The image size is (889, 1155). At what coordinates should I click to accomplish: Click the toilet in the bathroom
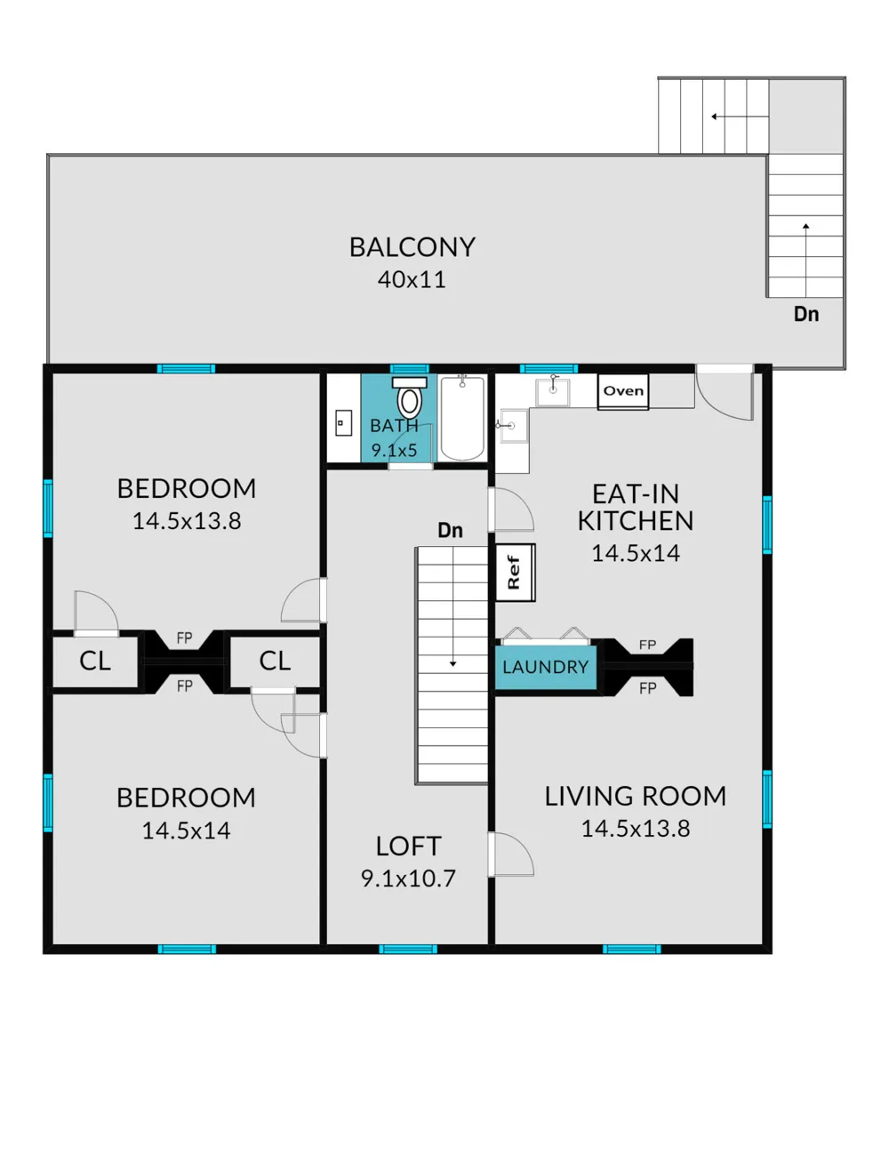[x=409, y=397]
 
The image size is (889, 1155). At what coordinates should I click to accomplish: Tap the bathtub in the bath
[x=462, y=418]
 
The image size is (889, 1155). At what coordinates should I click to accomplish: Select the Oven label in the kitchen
[x=623, y=390]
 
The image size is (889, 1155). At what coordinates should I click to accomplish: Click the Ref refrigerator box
[x=516, y=573]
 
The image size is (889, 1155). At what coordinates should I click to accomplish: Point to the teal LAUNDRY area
[x=546, y=667]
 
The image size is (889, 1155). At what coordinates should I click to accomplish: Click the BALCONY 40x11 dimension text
[x=412, y=279]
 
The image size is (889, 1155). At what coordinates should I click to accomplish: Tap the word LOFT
[x=408, y=846]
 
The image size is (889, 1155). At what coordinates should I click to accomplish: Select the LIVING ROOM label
[x=636, y=796]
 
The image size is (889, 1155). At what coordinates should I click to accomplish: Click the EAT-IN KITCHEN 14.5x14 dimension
[x=636, y=553]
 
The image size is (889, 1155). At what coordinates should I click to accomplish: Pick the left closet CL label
[x=95, y=662]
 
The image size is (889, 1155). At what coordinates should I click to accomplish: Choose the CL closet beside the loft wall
[x=275, y=662]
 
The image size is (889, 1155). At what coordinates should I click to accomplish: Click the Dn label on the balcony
[x=806, y=314]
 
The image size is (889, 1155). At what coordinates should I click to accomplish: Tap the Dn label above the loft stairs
[x=450, y=530]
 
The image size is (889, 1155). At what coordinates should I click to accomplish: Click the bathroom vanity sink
[x=344, y=423]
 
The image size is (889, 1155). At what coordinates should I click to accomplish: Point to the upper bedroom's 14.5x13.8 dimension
[x=187, y=521]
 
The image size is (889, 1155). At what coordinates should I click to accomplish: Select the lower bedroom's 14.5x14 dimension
[x=186, y=830]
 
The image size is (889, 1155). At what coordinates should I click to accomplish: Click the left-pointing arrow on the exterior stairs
[x=741, y=116]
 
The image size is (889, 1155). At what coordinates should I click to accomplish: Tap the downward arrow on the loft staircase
[x=453, y=606]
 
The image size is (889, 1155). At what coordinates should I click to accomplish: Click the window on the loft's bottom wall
[x=408, y=950]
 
